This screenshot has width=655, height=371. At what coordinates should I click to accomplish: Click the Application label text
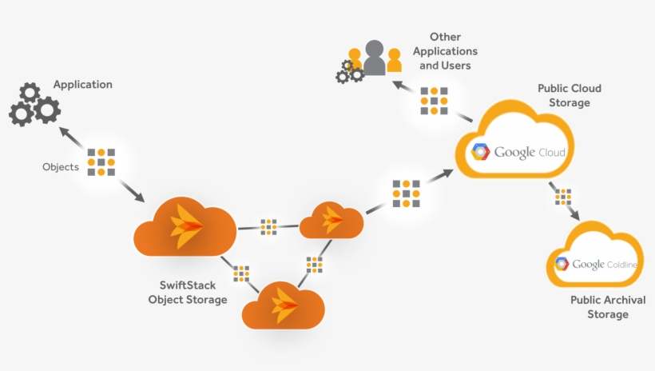[x=82, y=85]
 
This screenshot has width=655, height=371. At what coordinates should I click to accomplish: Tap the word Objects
[x=61, y=167]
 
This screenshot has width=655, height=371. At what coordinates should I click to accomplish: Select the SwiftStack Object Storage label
[x=193, y=293]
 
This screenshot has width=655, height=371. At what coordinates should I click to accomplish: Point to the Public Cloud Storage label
[x=569, y=95]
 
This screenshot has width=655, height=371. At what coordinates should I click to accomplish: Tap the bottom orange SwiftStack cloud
[x=283, y=304]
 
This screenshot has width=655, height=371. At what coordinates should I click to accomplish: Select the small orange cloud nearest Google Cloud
[x=331, y=220]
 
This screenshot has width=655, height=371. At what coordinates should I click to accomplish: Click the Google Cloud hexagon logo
[x=480, y=152]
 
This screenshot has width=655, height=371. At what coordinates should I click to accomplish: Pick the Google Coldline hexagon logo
[x=562, y=265]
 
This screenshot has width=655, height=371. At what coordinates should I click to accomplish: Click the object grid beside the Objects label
[x=101, y=162]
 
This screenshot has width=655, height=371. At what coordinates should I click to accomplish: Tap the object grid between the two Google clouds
[x=563, y=196]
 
